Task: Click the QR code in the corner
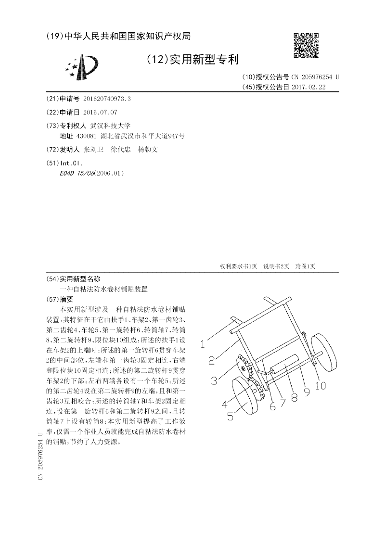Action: (306, 46)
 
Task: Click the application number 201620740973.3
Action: (107, 99)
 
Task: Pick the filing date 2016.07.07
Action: (100, 112)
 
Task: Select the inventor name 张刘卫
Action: (93, 150)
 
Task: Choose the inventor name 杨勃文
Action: (148, 150)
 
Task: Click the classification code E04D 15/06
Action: (77, 173)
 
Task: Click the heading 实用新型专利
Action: (202, 60)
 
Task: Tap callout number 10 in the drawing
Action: (321, 385)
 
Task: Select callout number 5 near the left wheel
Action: (230, 416)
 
